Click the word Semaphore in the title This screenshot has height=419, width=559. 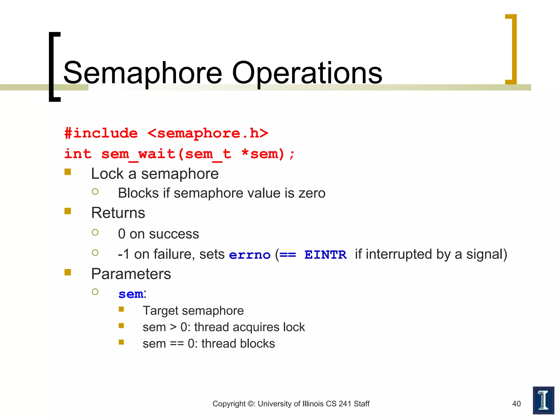click(x=142, y=73)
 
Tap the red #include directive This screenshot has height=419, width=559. click(x=101, y=133)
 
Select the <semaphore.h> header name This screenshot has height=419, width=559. click(x=207, y=133)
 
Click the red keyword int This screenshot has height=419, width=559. click(x=78, y=154)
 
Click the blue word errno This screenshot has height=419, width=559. click(x=249, y=255)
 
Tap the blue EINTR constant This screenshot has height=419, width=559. click(x=325, y=255)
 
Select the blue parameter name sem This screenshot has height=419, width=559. click(x=131, y=294)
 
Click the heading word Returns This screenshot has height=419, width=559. click(x=118, y=213)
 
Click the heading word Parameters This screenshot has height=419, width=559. click(x=131, y=274)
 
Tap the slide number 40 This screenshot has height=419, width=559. click(x=516, y=404)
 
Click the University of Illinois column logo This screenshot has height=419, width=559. click(x=543, y=400)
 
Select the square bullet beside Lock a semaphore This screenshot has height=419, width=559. click(x=68, y=172)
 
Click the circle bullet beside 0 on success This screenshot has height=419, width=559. click(x=95, y=232)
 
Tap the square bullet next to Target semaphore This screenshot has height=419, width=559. click(x=121, y=309)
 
